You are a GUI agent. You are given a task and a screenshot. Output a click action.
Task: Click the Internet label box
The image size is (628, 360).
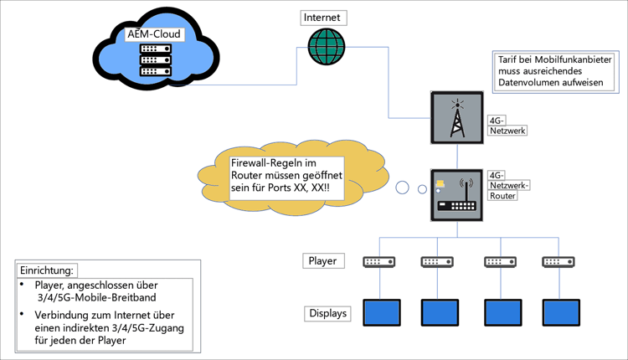tap(322, 16)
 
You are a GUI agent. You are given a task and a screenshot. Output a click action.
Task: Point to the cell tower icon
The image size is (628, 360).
tap(456, 119)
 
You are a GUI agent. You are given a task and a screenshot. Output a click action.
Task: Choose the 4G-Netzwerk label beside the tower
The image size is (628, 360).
tap(505, 126)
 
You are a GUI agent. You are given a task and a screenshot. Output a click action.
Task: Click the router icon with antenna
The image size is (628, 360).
tap(456, 195)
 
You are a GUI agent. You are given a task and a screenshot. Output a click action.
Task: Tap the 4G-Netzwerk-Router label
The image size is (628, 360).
tap(510, 186)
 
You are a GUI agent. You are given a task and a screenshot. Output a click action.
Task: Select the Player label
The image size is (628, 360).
tap(322, 260)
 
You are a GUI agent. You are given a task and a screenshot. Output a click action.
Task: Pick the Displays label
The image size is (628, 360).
tap(326, 315)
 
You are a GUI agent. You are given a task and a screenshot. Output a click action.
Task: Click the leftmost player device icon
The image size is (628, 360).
tap(378, 261)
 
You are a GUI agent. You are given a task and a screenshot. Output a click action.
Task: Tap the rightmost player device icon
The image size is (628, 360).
tap(560, 261)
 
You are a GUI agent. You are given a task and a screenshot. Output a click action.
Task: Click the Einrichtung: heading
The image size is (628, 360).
tap(47, 270)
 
